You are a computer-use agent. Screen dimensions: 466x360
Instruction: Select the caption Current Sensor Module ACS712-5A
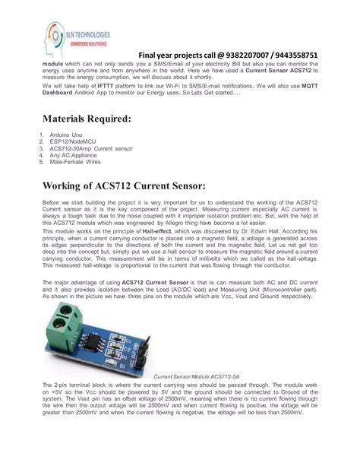pyautogui.click(x=197, y=376)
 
